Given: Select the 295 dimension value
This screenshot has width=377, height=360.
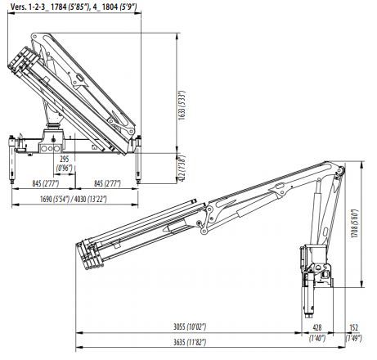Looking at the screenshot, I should (x=64, y=160).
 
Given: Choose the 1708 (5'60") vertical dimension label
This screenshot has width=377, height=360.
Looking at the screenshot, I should (x=356, y=220).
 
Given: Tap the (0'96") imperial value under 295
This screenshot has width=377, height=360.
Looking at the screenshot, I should (x=64, y=168).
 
